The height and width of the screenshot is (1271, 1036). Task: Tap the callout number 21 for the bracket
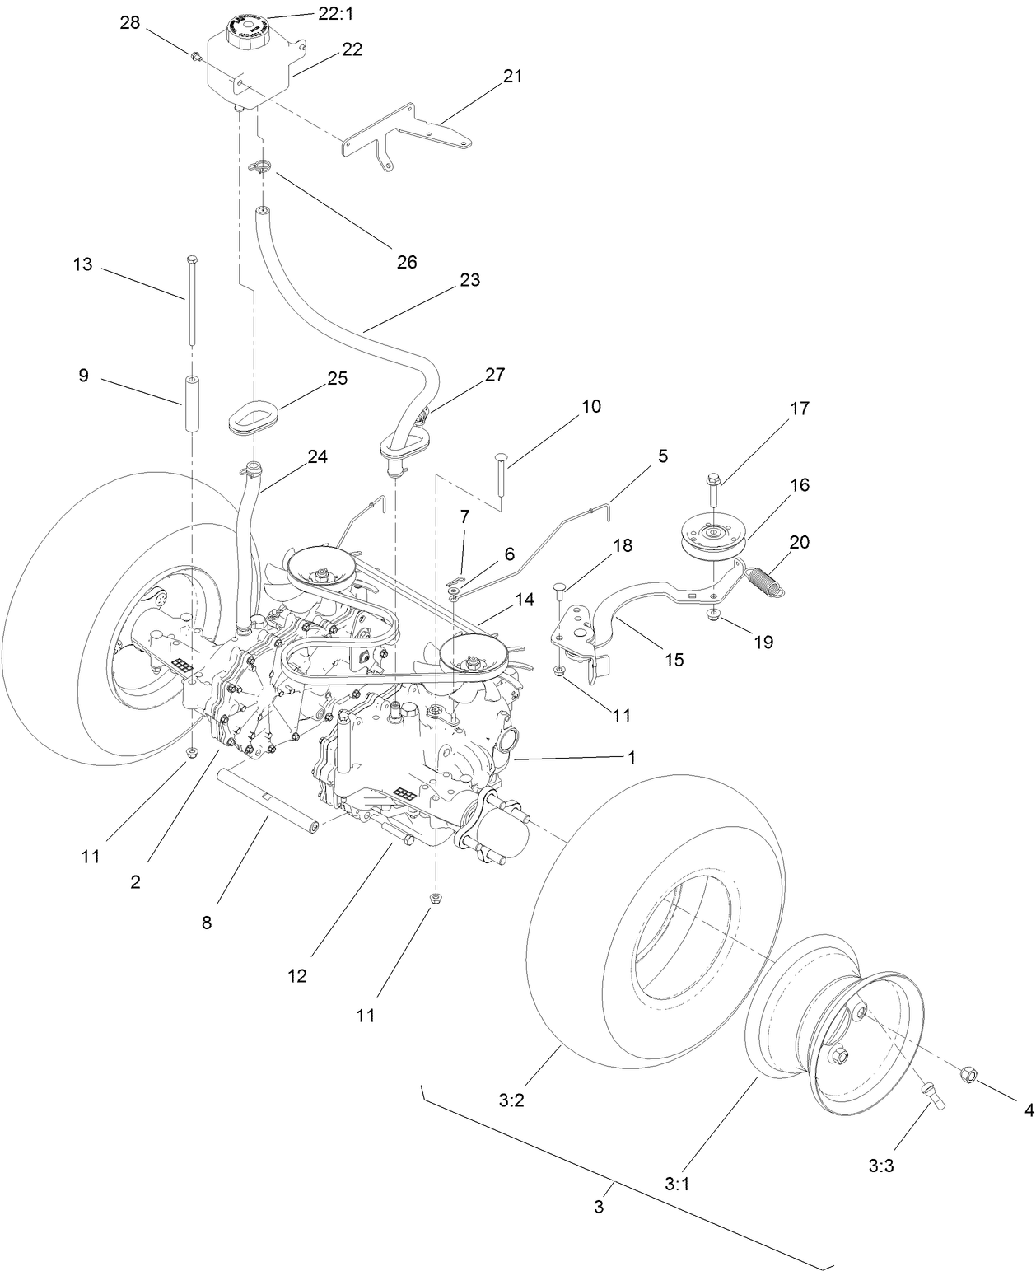512,77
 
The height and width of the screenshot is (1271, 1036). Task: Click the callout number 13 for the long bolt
83,265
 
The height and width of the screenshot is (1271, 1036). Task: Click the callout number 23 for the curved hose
469,280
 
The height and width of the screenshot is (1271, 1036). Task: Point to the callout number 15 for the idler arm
674,660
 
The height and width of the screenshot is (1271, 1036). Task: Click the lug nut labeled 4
969,1073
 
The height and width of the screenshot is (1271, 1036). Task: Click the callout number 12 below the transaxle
296,975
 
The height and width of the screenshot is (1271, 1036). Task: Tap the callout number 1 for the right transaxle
632,758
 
